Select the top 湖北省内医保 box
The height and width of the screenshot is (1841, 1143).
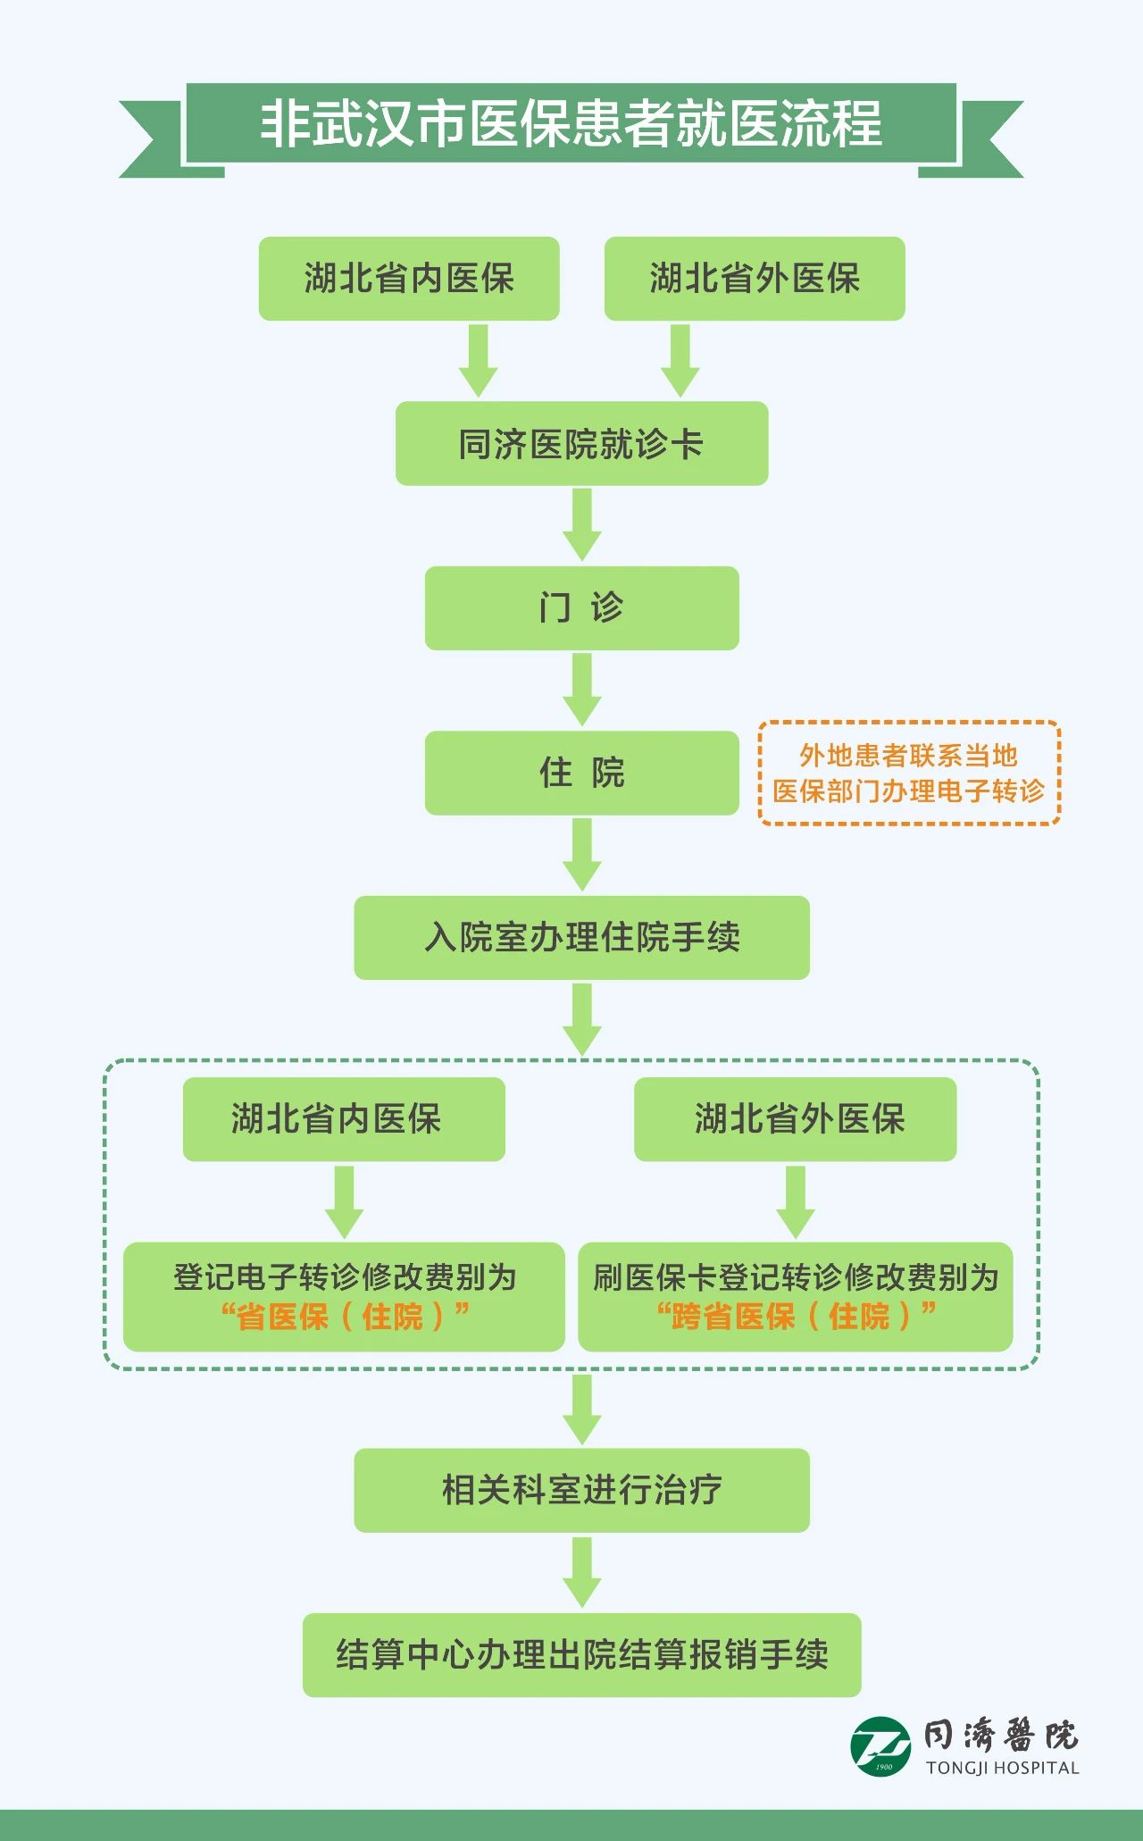coord(409,279)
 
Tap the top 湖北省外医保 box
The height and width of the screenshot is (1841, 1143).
coord(755,279)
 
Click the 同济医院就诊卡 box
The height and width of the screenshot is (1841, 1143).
coord(581,444)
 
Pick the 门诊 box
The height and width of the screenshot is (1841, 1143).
coord(581,608)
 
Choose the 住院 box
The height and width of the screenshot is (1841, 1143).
coord(581,773)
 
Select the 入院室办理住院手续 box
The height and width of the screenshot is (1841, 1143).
coord(581,938)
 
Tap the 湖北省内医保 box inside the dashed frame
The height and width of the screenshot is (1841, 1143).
coord(344,1119)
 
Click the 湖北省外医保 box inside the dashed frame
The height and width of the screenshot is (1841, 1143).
coord(795,1119)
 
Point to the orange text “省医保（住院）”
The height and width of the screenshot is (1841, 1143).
coord(345,1317)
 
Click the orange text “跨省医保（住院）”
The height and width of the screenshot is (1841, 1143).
coord(796,1317)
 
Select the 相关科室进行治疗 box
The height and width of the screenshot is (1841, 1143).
coord(581,1490)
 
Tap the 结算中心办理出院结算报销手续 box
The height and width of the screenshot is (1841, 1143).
coord(581,1655)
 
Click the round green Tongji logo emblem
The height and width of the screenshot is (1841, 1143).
coord(880,1746)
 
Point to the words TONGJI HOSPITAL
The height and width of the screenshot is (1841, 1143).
coord(1002,1768)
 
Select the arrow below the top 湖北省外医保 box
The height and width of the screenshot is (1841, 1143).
coord(680,360)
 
